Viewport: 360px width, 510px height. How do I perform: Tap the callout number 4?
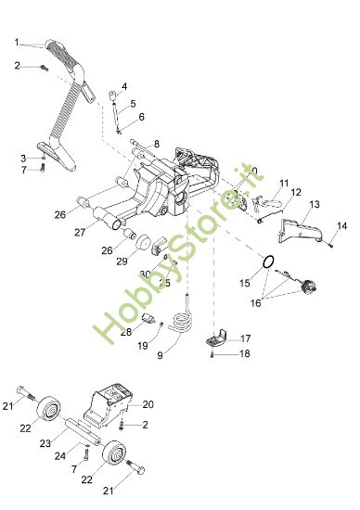click(x=124, y=86)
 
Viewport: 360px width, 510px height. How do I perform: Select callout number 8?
click(x=157, y=144)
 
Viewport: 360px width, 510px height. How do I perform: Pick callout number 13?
click(x=315, y=203)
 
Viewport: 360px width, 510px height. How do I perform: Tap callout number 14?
click(x=341, y=226)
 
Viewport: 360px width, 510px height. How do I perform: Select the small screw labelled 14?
click(x=330, y=243)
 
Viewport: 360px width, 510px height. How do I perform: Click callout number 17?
click(x=246, y=338)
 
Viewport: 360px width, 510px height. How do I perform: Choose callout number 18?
click(x=246, y=353)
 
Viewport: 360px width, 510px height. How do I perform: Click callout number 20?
click(x=148, y=404)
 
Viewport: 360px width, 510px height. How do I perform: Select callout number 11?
click(x=284, y=183)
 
